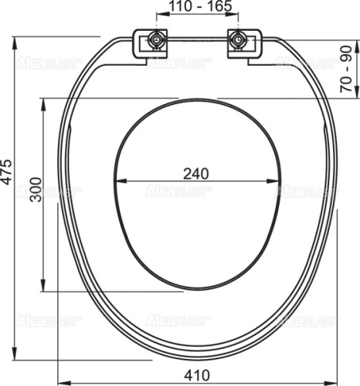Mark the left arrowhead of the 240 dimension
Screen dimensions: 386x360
118,182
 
